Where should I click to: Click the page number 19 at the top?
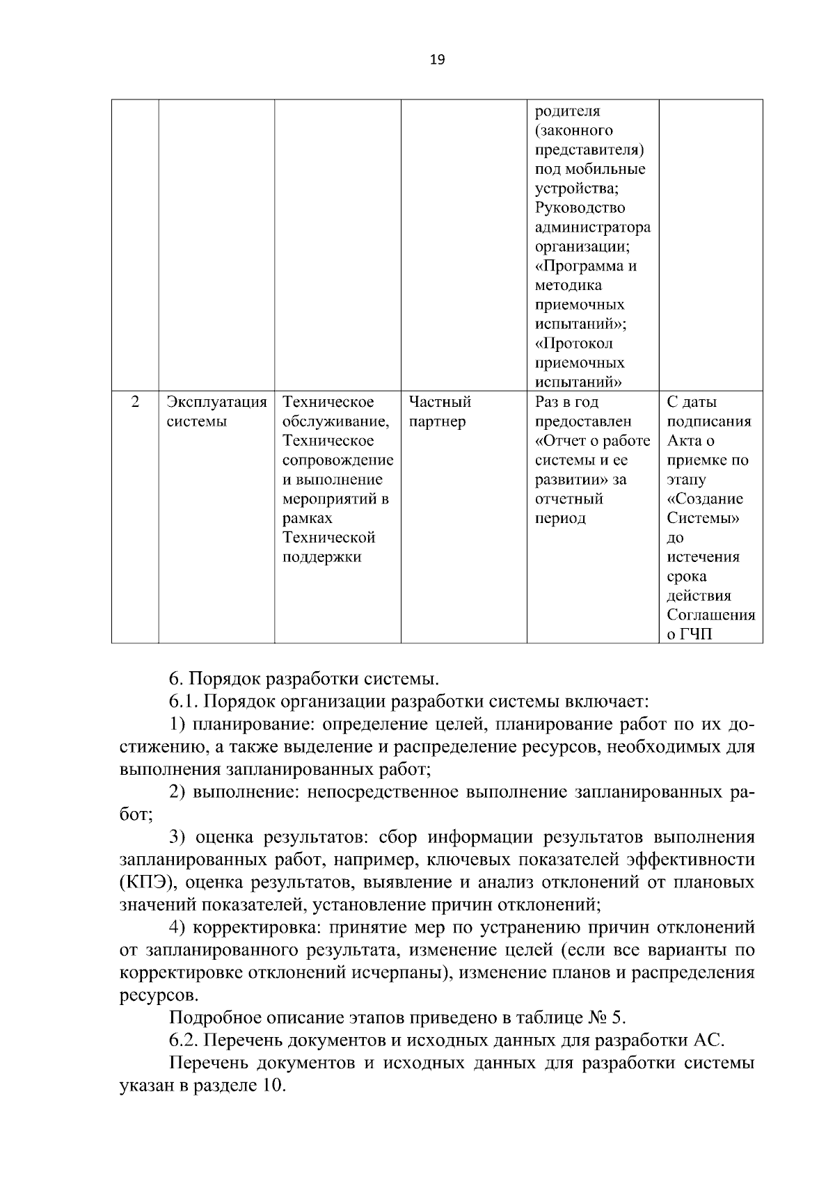[438, 60]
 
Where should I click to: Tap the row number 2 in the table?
[135, 402]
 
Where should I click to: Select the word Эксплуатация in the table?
[216, 402]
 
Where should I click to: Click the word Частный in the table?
[440, 402]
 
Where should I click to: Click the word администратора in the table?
[592, 227]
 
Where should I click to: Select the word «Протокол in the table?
[574, 344]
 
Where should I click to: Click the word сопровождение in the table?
[337, 460]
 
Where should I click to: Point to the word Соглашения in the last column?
[710, 616]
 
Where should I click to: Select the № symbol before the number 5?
[598, 1018]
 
